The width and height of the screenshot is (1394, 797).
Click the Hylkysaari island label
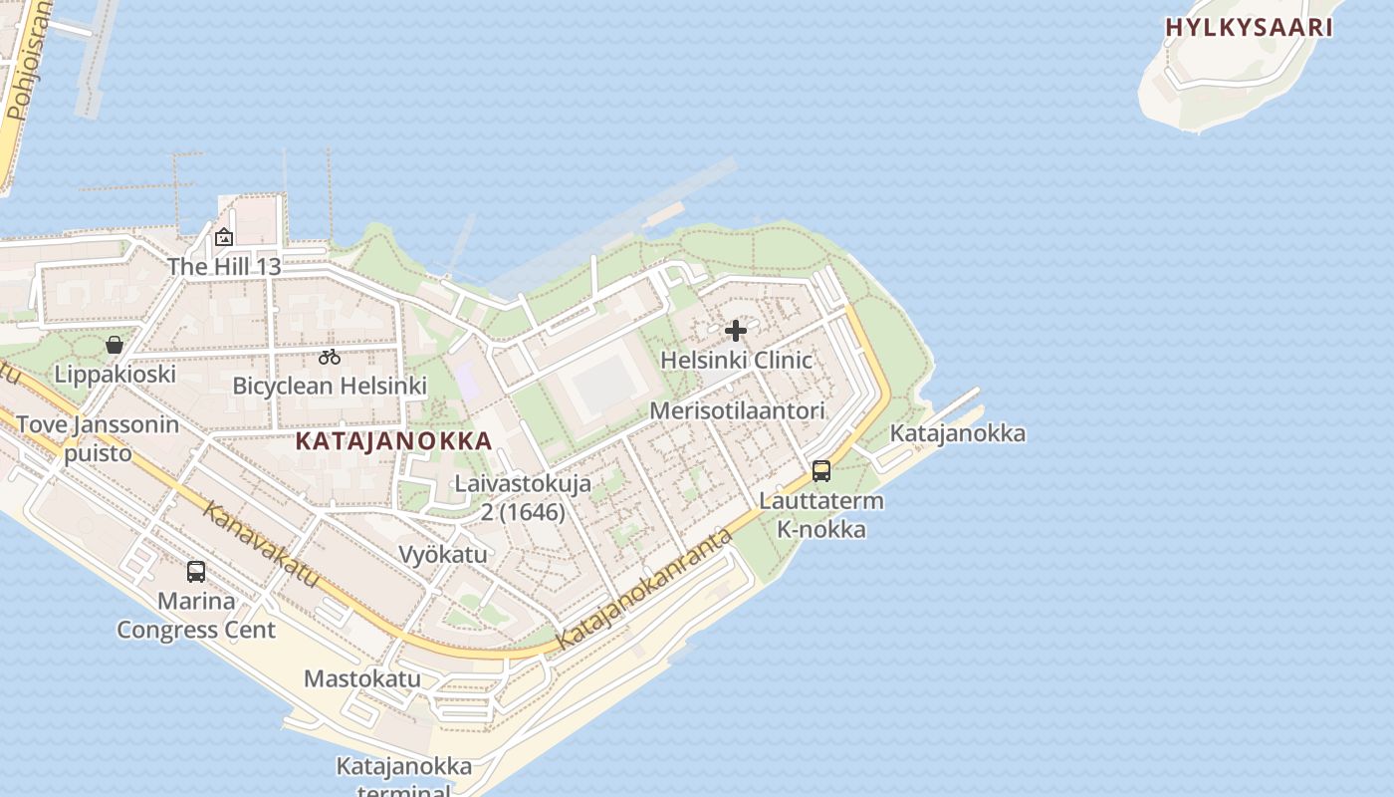[x=1249, y=28]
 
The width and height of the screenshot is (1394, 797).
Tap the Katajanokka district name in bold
[x=393, y=441]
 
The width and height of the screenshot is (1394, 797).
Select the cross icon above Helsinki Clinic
[x=736, y=331]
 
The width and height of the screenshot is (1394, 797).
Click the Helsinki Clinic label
[x=736, y=360]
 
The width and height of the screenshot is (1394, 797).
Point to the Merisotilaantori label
[x=737, y=410]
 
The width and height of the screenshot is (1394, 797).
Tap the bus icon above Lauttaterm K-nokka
[x=821, y=471]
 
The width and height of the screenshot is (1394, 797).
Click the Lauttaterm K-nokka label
[x=821, y=515]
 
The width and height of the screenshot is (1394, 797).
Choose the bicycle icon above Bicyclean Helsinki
[x=330, y=357]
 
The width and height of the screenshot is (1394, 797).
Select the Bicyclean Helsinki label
[x=330, y=386]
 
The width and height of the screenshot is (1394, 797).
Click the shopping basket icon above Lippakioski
[x=115, y=345]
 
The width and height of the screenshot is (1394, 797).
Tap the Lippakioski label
[x=115, y=374]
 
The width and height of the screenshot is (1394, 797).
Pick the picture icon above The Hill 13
[x=224, y=237]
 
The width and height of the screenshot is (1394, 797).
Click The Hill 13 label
[x=224, y=267]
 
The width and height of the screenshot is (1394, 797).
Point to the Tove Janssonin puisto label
[x=98, y=438]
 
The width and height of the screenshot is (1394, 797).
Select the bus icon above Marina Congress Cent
[x=196, y=572]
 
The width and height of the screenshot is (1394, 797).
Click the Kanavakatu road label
[x=262, y=545]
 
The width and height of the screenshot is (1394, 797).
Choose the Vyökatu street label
[x=443, y=554]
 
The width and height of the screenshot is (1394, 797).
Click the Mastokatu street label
[x=361, y=679]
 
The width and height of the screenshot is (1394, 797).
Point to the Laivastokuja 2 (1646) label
[x=523, y=498]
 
